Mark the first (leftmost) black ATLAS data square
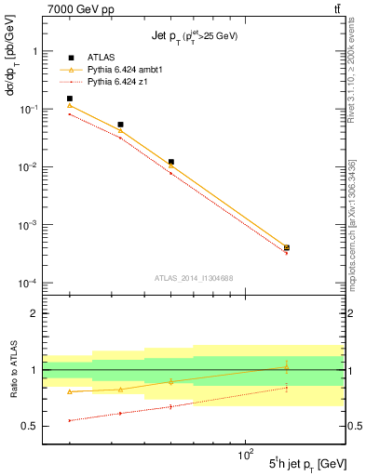coord(70,99)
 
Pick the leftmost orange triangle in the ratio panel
coord(70,392)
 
